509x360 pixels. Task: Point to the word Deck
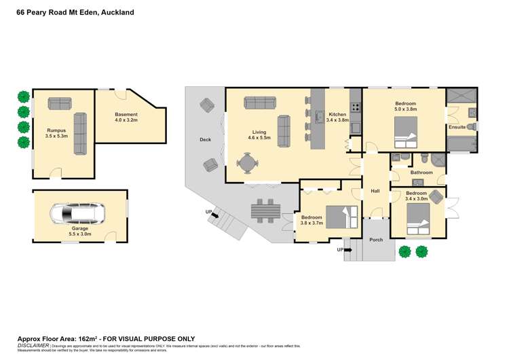click(205, 140)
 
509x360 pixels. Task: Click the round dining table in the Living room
click(248, 163)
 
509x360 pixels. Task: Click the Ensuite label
click(457, 127)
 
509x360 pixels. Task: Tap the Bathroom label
click(421, 173)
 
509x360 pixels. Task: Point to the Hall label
click(375, 192)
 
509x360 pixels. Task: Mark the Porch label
click(376, 240)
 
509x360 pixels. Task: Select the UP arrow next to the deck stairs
click(212, 213)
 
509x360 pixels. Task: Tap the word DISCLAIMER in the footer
click(32, 346)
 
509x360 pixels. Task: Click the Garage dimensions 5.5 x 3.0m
click(80, 236)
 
